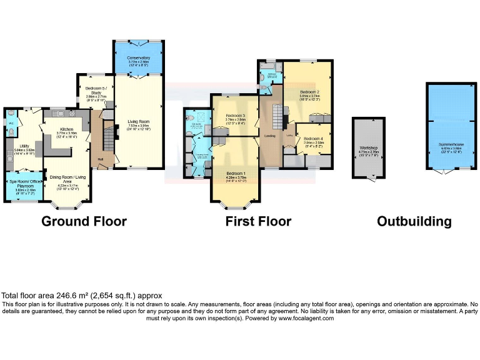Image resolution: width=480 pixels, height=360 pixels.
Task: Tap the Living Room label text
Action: (x=139, y=121)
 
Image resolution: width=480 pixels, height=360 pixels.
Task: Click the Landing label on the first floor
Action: (x=271, y=136)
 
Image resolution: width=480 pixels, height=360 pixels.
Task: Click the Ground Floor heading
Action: (x=84, y=221)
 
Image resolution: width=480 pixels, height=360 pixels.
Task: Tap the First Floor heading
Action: (x=258, y=221)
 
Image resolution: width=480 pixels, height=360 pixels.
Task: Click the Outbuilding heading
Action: (x=414, y=221)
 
